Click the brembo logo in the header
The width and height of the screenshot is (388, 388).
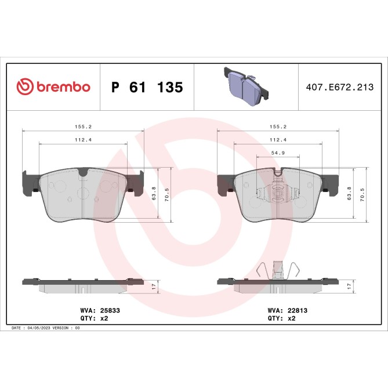pyautogui.click(x=53, y=87)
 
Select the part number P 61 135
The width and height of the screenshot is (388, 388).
pyautogui.click(x=147, y=88)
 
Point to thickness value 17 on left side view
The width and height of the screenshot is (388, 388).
pyautogui.click(x=153, y=286)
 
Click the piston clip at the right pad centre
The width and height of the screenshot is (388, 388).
pyautogui.click(x=278, y=194)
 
